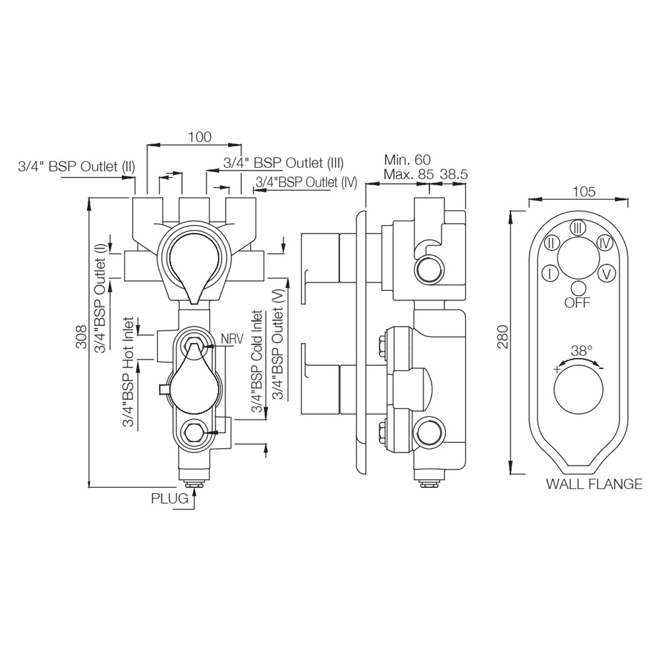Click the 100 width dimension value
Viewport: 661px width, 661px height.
[x=199, y=137]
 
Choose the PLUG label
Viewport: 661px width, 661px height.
[x=170, y=498]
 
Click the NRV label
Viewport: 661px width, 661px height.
[x=232, y=338]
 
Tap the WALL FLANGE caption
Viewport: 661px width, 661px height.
[x=594, y=484]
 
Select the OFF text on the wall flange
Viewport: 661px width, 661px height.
[x=578, y=303]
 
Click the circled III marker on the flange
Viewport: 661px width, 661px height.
[x=578, y=228]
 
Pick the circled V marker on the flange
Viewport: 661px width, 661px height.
[x=607, y=272]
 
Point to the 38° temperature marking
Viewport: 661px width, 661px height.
[x=581, y=351]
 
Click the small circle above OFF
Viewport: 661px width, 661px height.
[x=578, y=288]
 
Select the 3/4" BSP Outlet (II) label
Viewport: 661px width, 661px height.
[x=77, y=166]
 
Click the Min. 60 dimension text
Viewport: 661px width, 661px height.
[x=407, y=159]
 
